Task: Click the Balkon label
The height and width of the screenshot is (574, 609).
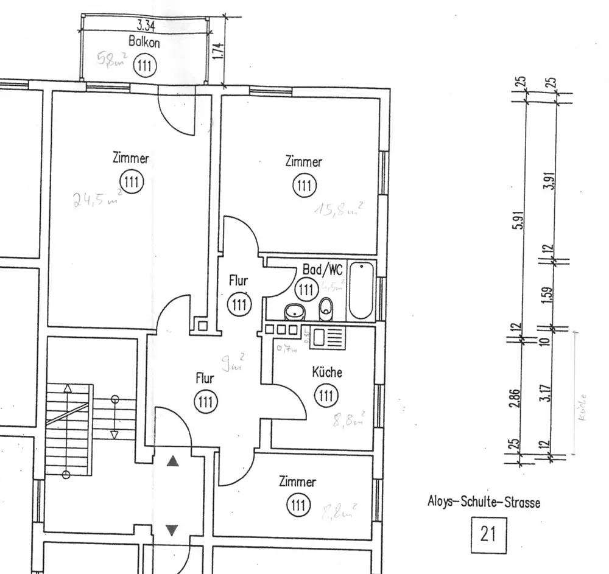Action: pyautogui.click(x=144, y=42)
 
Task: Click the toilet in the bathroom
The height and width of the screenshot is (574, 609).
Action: pyautogui.click(x=326, y=306)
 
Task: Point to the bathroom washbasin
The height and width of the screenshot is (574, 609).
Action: pyautogui.click(x=295, y=312)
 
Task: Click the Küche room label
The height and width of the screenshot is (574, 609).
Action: pyautogui.click(x=327, y=373)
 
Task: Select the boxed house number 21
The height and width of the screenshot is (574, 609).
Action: pyautogui.click(x=488, y=534)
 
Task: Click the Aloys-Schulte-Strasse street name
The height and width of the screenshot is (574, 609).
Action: pyautogui.click(x=484, y=503)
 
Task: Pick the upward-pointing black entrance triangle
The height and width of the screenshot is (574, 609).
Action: pyautogui.click(x=174, y=462)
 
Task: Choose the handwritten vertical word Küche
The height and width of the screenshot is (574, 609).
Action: pyautogui.click(x=583, y=408)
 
